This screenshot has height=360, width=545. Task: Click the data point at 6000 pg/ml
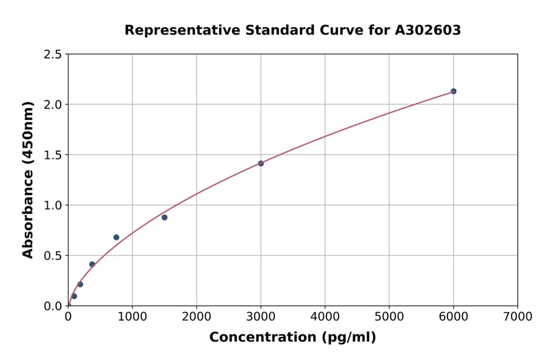453,92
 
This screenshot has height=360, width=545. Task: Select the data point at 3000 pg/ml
261,164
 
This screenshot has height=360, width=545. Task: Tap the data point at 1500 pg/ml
164,218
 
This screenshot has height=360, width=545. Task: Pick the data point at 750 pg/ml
116,238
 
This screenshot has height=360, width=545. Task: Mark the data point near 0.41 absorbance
92,264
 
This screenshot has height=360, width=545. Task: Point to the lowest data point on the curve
74,296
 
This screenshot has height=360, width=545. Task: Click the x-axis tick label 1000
132,317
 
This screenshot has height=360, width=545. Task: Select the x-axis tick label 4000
325,317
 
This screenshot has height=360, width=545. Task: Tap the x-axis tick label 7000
518,317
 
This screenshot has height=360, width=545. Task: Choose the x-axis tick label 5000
389,317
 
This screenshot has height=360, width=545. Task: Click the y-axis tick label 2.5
52,55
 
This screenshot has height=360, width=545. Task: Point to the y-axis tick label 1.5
52,155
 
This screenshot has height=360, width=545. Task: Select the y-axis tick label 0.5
52,256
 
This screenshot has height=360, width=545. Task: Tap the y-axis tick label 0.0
52,306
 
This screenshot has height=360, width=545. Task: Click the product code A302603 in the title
428,30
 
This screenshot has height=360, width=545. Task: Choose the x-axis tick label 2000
196,317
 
